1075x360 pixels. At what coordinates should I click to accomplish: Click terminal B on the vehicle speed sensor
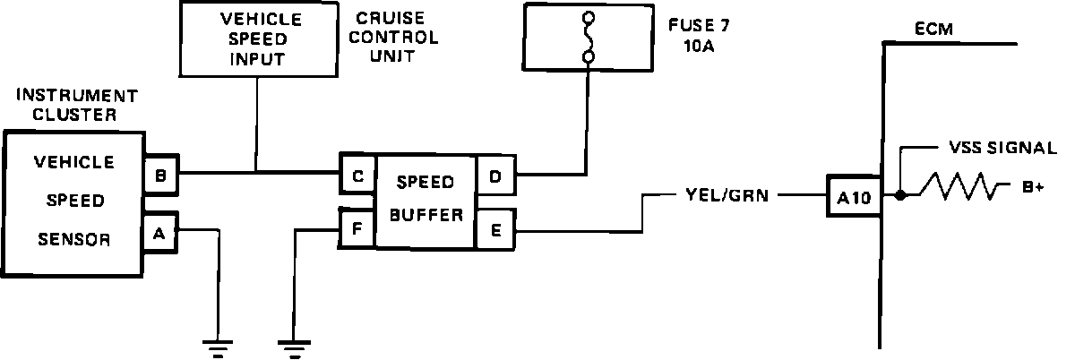160,176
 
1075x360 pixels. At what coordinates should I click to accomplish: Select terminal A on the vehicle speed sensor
159,234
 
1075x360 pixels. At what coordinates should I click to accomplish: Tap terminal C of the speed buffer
357,176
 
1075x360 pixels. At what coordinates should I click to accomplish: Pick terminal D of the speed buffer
494,176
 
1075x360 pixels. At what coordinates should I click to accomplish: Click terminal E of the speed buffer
494,228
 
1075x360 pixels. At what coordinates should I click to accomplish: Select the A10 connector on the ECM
854,197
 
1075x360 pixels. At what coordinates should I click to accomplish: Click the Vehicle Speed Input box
257,39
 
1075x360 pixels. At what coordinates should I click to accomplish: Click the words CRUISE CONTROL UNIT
396,39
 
